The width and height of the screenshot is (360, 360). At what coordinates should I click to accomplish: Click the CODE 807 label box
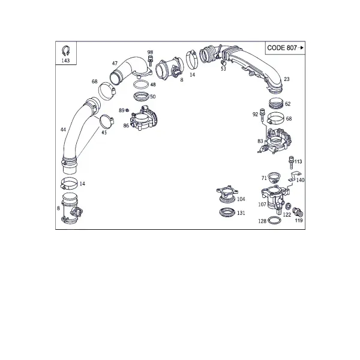(285, 48)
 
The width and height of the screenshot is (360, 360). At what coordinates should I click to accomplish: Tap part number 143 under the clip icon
(65, 61)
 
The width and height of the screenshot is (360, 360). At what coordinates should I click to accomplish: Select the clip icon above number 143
(66, 51)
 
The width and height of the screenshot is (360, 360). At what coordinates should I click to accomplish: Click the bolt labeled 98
(151, 61)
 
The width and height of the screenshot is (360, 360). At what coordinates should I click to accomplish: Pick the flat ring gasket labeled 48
(141, 85)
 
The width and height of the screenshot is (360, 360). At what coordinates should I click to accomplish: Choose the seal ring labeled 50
(141, 96)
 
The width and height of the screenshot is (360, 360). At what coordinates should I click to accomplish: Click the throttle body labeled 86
(143, 118)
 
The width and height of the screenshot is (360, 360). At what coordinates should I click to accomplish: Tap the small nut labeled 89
(127, 110)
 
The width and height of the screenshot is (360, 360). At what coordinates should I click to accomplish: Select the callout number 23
(287, 79)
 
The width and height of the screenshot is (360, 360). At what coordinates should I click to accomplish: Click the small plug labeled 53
(223, 62)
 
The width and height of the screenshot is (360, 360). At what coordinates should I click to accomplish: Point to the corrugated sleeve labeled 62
(276, 103)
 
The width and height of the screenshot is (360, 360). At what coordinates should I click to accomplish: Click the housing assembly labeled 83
(275, 141)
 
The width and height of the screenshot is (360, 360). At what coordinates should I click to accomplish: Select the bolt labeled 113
(292, 163)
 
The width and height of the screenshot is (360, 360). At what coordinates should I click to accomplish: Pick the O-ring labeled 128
(274, 221)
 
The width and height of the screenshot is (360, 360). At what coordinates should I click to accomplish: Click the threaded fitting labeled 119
(298, 212)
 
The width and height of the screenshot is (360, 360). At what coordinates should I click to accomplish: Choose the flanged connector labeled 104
(227, 194)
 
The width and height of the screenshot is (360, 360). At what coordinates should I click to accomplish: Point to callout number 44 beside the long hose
(63, 130)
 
